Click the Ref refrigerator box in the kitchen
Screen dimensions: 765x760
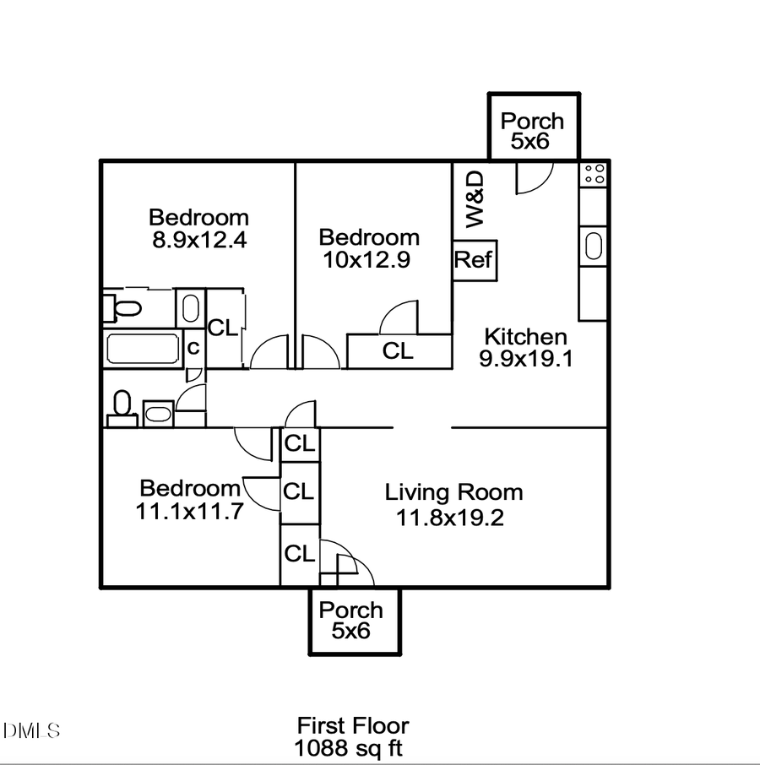click(x=474, y=260)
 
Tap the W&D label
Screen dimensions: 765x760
click(x=475, y=199)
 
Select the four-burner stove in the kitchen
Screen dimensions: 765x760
click(x=594, y=175)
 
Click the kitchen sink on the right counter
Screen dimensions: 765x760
click(x=594, y=247)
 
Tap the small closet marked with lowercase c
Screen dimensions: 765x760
click(x=193, y=348)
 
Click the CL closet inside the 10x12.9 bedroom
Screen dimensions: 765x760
click(x=399, y=351)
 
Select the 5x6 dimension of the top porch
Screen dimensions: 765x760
click(x=530, y=141)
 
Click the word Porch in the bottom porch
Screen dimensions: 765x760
click(x=350, y=610)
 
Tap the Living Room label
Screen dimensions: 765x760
click(x=453, y=492)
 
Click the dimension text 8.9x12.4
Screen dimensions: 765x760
click(x=199, y=240)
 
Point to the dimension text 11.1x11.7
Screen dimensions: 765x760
click(x=189, y=510)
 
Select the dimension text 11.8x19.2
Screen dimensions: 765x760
click(x=450, y=517)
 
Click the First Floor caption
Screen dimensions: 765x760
click(x=352, y=725)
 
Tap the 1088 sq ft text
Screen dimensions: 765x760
click(x=349, y=748)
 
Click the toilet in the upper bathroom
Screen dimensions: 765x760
click(x=123, y=307)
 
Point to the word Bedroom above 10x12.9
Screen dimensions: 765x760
click(x=369, y=237)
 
